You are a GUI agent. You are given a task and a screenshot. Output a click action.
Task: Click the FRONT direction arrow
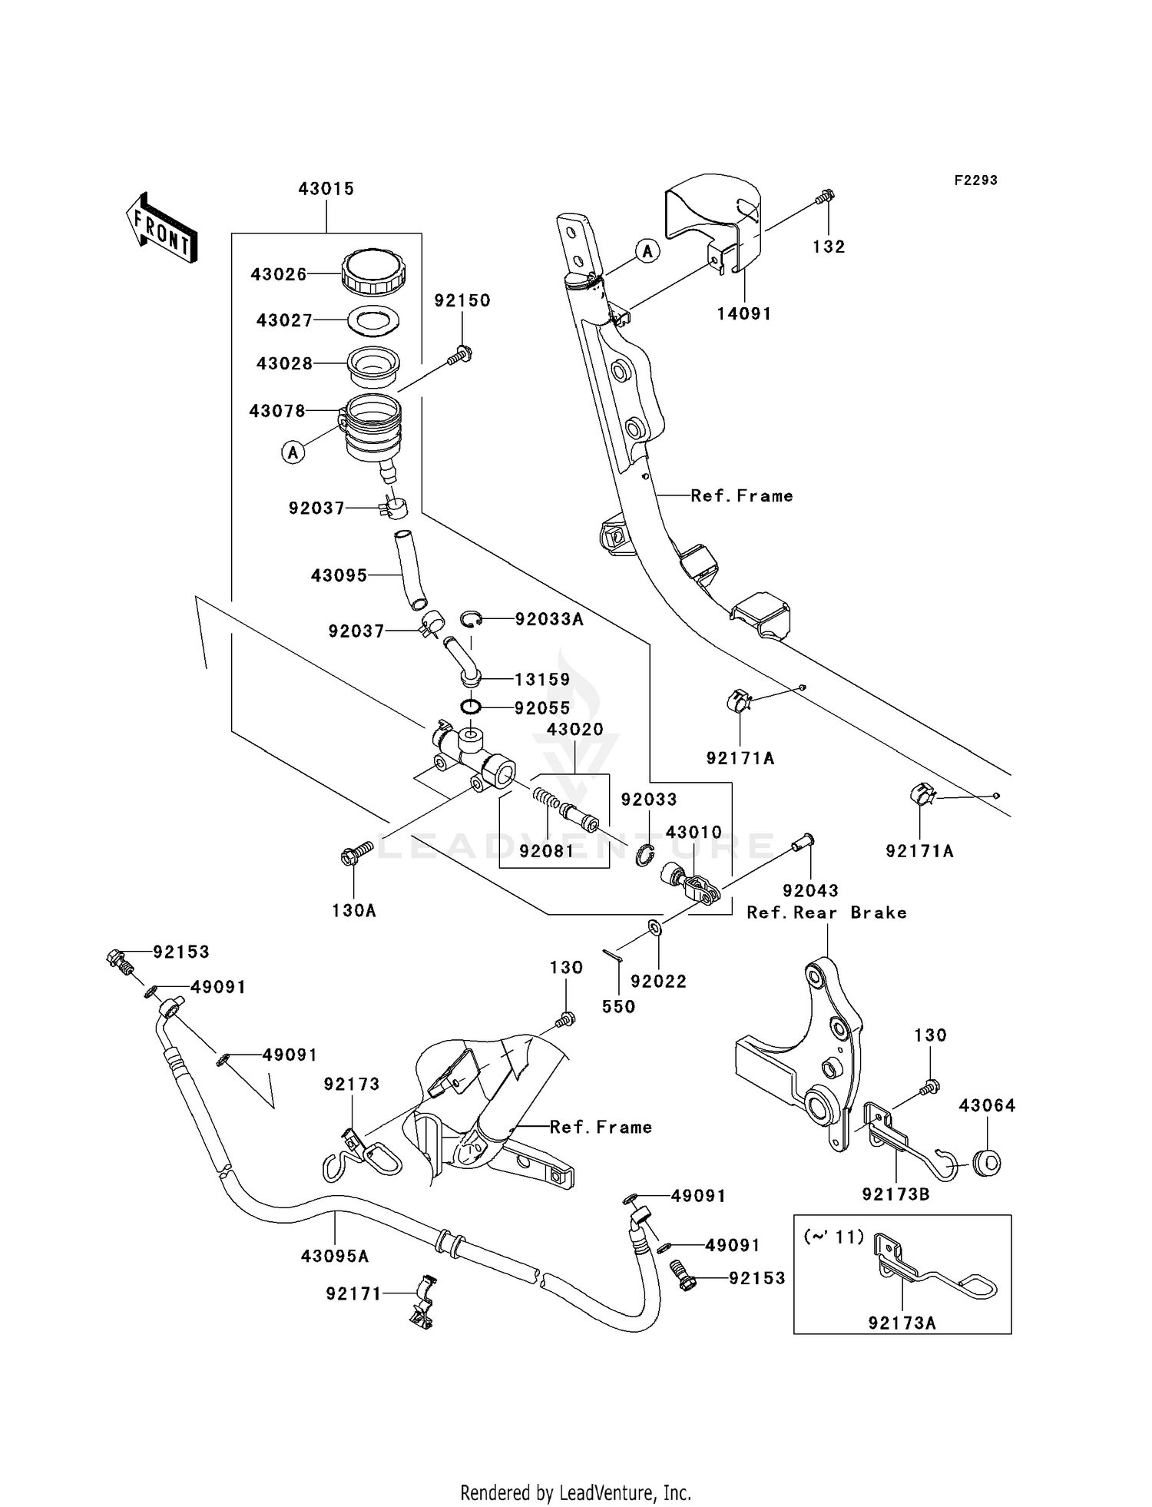[162, 228]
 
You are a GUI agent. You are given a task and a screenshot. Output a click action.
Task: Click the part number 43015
[326, 189]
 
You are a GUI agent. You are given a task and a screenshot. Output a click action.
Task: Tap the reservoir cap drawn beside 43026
[373, 272]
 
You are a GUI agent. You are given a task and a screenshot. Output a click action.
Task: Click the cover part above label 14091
[714, 223]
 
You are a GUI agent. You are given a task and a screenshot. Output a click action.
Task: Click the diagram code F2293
[975, 181]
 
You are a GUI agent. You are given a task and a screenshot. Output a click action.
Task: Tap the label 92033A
[549, 619]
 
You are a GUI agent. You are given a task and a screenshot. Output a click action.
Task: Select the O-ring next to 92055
[471, 706]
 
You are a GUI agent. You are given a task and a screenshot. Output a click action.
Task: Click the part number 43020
[575, 729]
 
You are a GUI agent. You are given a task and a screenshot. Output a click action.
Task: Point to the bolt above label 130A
[356, 852]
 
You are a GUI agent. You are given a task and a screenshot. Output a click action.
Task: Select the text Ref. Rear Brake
[827, 912]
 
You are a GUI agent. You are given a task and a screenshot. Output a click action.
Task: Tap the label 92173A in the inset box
[902, 1323]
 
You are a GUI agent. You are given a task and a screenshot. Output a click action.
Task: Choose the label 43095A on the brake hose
[335, 1256]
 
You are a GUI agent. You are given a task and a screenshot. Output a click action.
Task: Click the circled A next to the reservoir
[293, 452]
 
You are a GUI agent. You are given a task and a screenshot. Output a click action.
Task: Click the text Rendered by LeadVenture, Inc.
[575, 1492]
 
